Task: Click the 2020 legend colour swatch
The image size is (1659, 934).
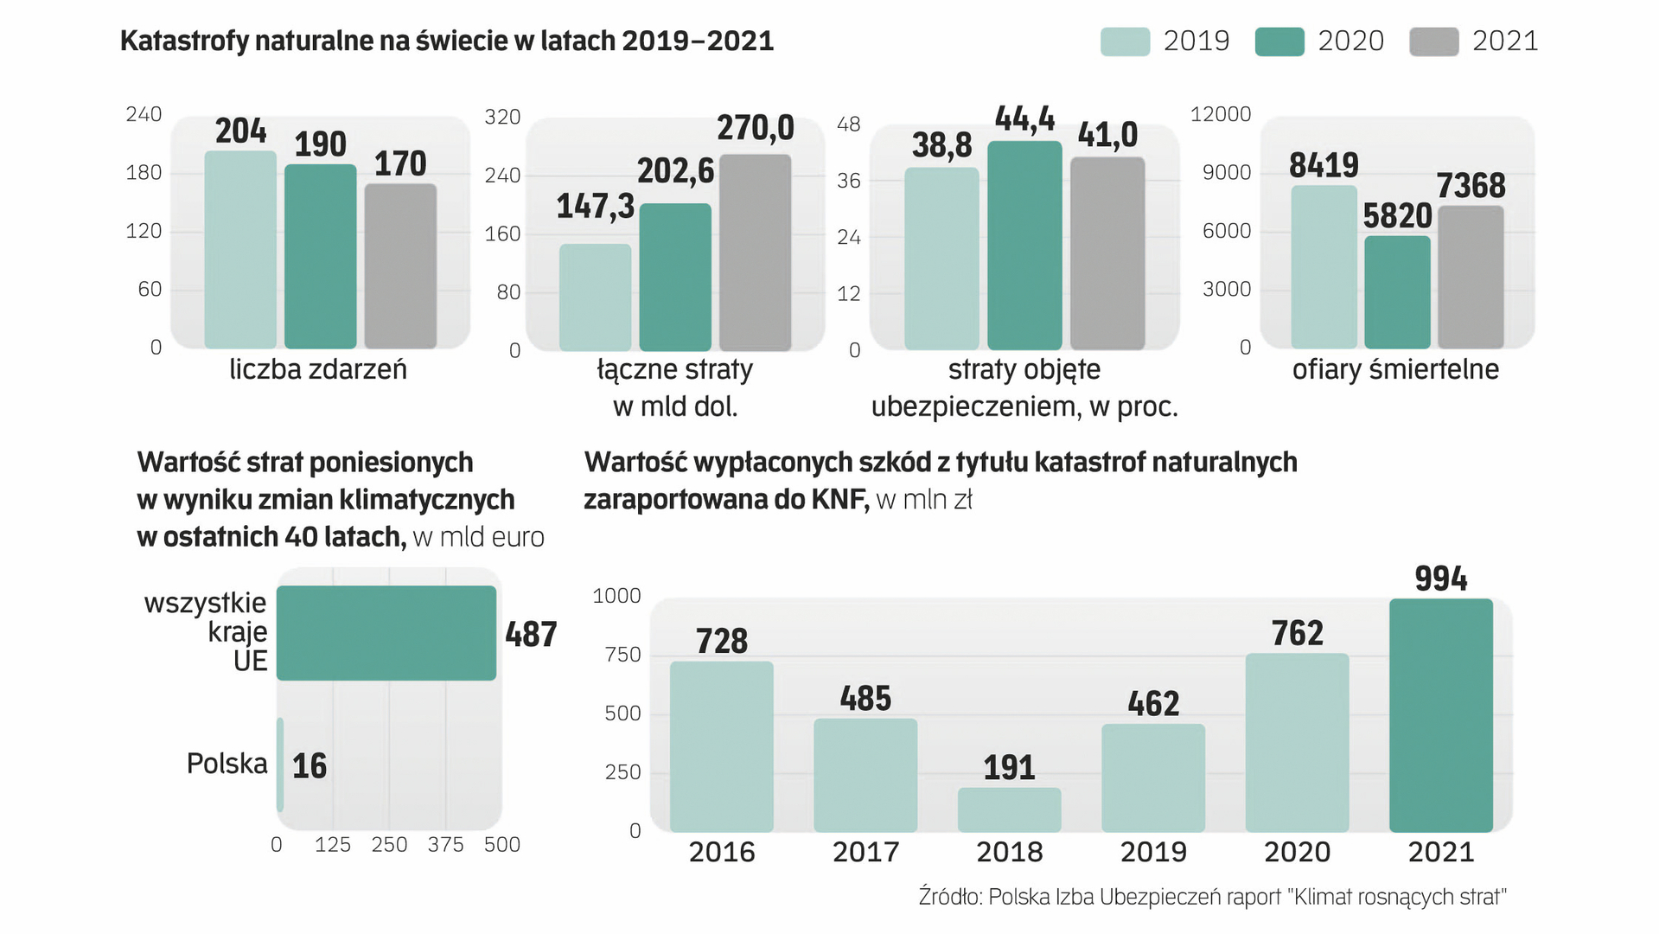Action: click(x=1279, y=42)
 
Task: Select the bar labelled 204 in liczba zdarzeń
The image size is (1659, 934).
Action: click(x=240, y=251)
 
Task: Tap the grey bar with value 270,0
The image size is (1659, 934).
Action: click(x=755, y=253)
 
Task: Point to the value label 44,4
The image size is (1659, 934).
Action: click(x=1024, y=118)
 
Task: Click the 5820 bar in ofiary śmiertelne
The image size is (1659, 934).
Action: click(x=1397, y=292)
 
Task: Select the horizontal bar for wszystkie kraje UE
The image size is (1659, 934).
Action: click(x=386, y=633)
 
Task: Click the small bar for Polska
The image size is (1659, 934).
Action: click(x=280, y=764)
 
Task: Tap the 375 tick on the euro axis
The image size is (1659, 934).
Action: click(x=445, y=845)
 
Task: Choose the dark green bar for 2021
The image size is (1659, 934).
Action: click(x=1440, y=715)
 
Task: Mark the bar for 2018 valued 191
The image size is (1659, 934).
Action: click(x=1009, y=809)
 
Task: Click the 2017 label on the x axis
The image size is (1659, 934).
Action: click(x=865, y=853)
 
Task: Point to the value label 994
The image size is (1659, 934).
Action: click(x=1440, y=579)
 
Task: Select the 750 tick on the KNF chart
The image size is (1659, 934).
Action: click(x=622, y=655)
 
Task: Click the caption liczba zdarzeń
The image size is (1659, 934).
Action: click(x=317, y=370)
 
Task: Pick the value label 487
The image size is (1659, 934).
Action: click(x=531, y=635)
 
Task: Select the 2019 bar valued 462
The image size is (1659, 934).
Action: click(x=1152, y=777)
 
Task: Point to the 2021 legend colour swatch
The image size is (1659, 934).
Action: click(x=1433, y=42)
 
